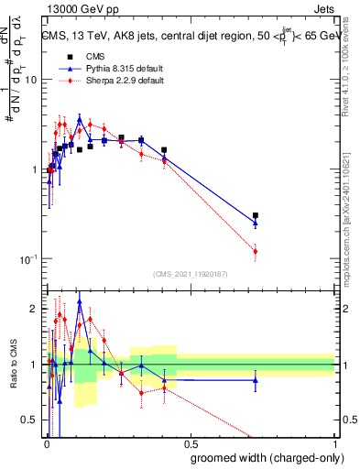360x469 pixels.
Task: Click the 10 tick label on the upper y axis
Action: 30,80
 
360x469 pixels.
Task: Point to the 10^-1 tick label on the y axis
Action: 27,259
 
